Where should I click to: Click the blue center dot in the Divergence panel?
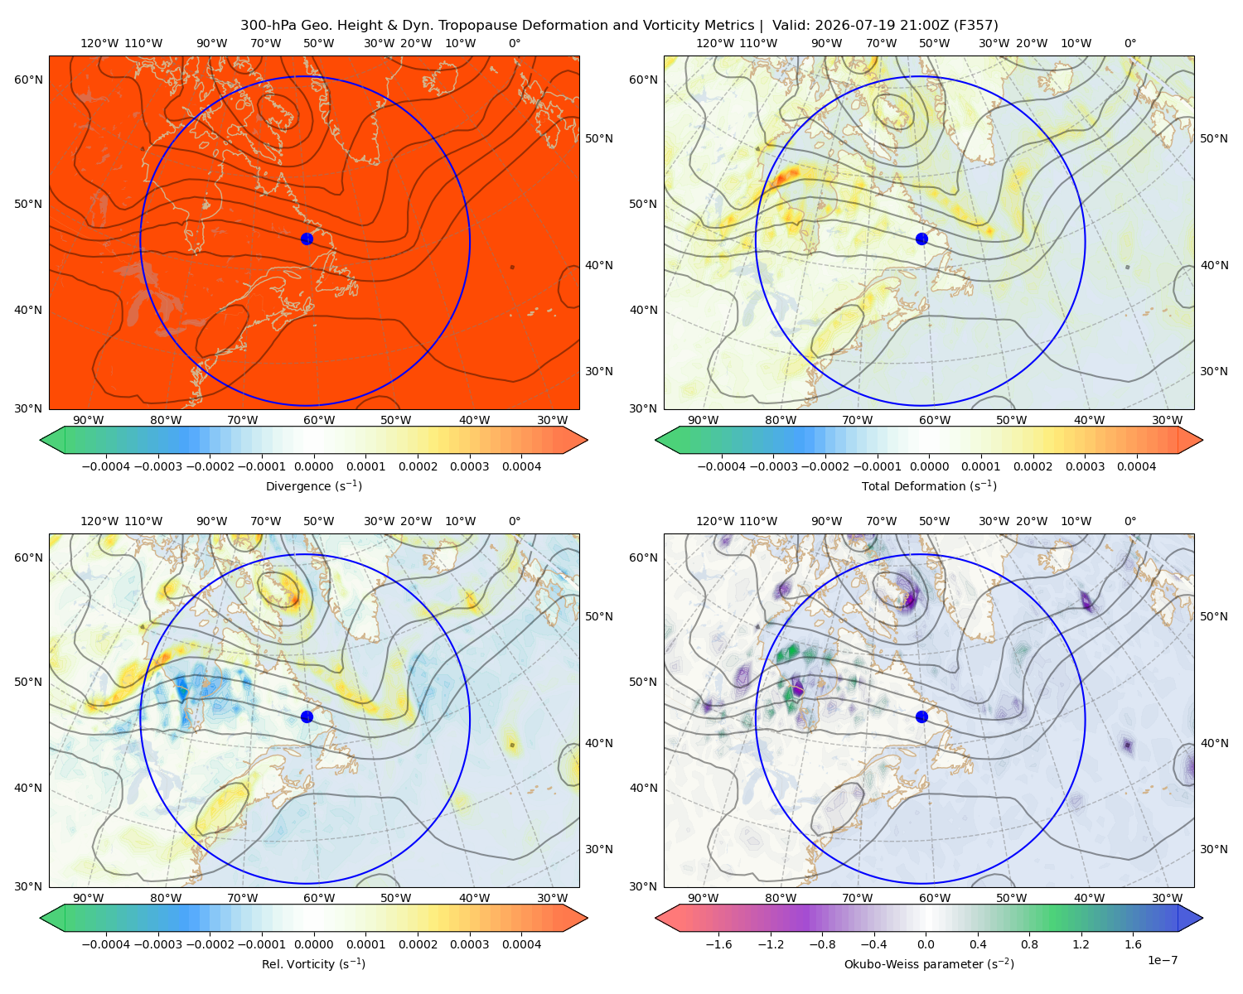[307, 239]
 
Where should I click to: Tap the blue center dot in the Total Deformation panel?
[921, 239]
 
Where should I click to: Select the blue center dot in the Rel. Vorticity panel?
[307, 717]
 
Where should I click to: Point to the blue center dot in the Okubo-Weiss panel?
[921, 717]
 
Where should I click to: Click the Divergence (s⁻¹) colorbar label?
[313, 485]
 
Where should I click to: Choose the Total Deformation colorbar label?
[929, 485]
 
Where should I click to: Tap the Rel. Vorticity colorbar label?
[313, 963]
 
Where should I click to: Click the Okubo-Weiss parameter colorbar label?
[929, 963]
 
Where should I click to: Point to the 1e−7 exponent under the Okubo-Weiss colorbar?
[1162, 960]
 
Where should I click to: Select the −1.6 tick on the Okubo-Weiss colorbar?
[719, 944]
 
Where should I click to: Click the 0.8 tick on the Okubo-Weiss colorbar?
[1029, 944]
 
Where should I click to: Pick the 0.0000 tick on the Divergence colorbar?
[313, 466]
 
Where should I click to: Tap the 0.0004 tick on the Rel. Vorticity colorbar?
[521, 944]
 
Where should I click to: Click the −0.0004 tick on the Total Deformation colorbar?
[722, 466]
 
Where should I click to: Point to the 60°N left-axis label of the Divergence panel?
[28, 80]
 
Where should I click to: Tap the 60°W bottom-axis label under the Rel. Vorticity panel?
[319, 898]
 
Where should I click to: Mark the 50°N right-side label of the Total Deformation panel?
[1214, 138]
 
